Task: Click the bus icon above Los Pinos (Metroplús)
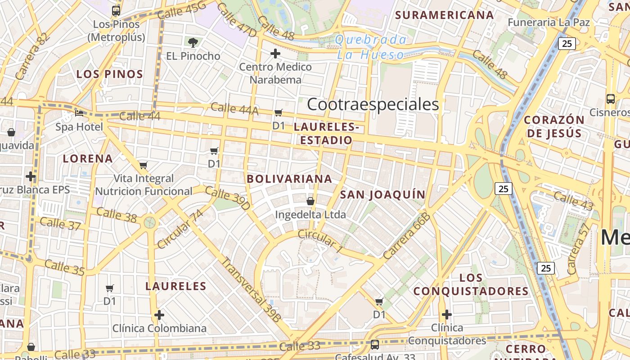[116, 10]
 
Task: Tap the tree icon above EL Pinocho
[193, 43]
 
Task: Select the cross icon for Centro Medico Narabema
[275, 54]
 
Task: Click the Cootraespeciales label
[373, 104]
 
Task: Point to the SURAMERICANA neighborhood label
[444, 15]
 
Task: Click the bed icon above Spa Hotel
[79, 113]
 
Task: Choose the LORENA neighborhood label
[88, 158]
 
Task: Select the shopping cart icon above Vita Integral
[144, 165]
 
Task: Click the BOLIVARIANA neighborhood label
[289, 179]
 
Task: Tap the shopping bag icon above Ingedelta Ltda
[310, 201]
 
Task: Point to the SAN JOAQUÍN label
[382, 194]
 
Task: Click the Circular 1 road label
[320, 239]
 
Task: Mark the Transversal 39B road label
[252, 289]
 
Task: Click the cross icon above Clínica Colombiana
[159, 315]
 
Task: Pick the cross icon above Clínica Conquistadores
[447, 315]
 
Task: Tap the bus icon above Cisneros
[611, 99]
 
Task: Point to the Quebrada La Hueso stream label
[370, 47]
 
